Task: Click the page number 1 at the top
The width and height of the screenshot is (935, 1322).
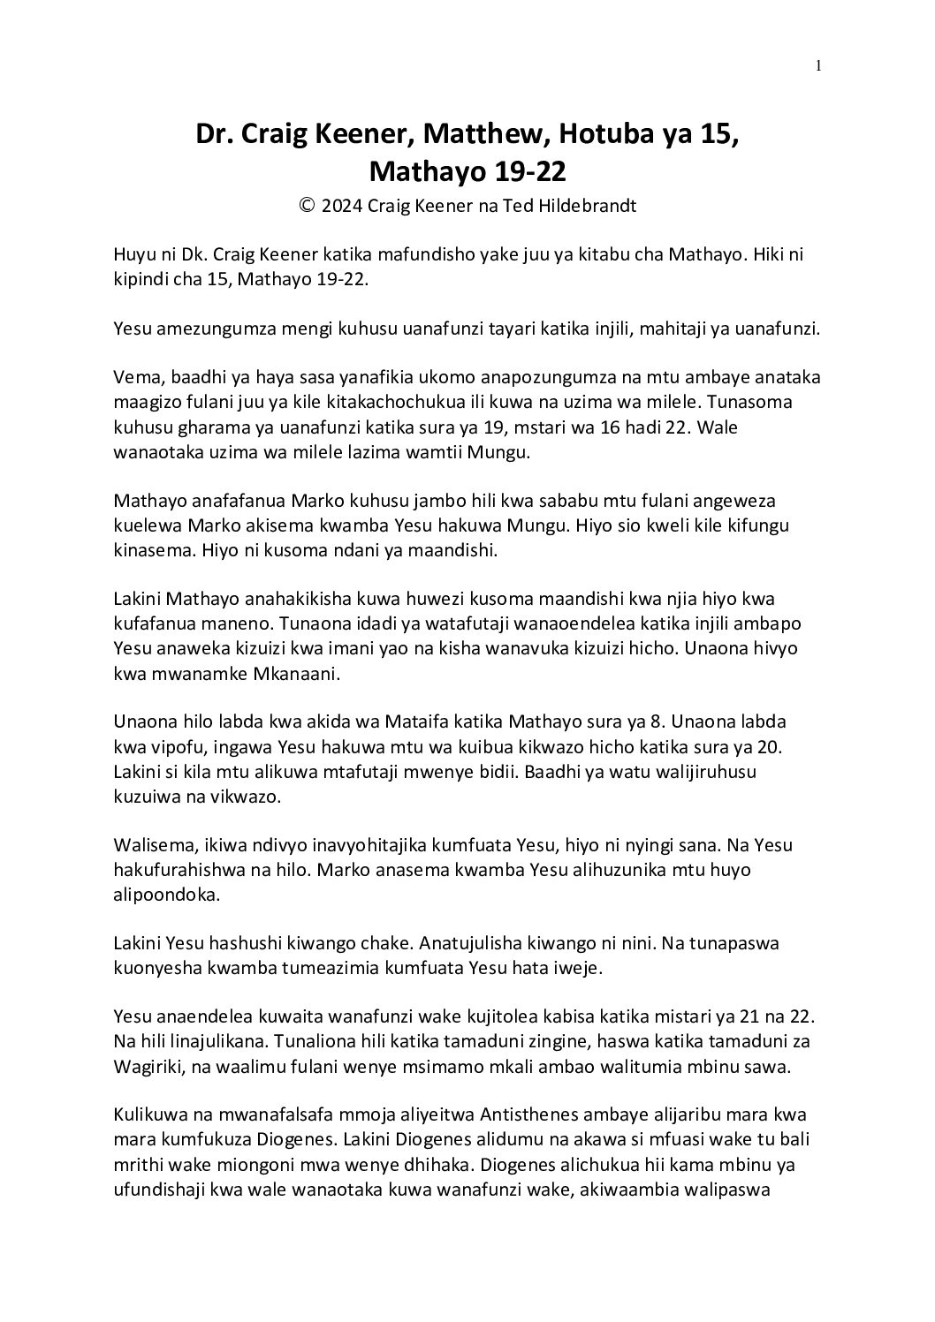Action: (x=819, y=64)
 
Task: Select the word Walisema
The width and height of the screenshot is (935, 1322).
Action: (x=149, y=845)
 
